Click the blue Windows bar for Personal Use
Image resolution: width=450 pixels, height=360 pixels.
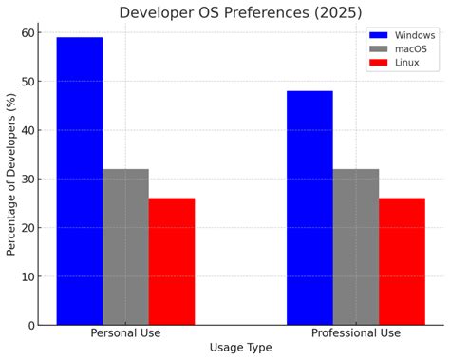pos(80,180)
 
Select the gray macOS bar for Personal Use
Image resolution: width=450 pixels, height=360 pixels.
pos(125,247)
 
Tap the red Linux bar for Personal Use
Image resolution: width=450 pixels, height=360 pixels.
pos(172,261)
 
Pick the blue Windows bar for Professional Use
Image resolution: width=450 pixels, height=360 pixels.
pos(309,208)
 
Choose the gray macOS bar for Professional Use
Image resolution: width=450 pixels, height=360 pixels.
pos(356,247)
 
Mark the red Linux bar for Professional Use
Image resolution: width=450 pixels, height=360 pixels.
pos(402,261)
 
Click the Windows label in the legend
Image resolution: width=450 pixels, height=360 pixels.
pos(415,35)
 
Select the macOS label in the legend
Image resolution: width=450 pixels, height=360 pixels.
pos(412,48)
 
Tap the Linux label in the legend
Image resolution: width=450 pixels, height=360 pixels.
pos(407,63)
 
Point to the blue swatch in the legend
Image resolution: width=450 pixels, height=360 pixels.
pos(379,35)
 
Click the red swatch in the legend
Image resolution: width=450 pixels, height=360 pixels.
pos(379,63)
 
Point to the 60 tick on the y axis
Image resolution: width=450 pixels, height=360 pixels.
pos(27,33)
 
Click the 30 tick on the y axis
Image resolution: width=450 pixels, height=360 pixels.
pos(27,180)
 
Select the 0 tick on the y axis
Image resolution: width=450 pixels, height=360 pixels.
pos(30,326)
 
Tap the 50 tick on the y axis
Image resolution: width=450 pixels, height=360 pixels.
pos(27,82)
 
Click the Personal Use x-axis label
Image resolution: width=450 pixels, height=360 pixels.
pos(125,333)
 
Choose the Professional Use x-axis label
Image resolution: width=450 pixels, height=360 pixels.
pos(356,333)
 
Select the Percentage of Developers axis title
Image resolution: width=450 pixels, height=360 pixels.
pos(11,180)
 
